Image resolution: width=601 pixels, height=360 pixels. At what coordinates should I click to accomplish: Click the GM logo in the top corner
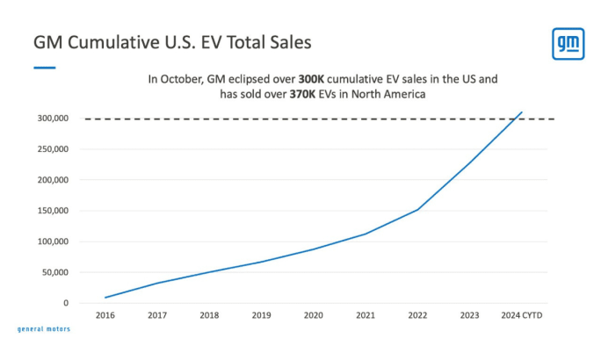(568, 44)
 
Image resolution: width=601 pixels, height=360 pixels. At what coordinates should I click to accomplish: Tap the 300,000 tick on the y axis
(53, 119)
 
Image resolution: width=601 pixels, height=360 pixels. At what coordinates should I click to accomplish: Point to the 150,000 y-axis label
(53, 211)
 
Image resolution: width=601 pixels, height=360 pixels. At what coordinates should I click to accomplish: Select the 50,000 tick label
(55, 272)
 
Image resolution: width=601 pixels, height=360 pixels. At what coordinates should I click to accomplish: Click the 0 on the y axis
(66, 303)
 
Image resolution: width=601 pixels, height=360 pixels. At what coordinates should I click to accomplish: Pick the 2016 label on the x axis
(105, 315)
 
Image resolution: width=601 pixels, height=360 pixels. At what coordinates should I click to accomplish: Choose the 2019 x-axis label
(262, 315)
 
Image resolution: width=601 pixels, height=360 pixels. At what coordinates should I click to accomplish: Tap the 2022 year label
(417, 315)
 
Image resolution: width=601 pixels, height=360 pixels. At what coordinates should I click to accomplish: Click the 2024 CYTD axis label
(522, 315)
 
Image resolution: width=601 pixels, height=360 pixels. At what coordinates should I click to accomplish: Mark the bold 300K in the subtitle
(311, 79)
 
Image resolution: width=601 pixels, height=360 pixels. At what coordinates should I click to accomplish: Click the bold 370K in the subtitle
(302, 94)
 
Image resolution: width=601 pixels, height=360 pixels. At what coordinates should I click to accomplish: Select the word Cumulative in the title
(113, 42)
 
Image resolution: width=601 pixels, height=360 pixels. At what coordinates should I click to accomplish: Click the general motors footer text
(44, 329)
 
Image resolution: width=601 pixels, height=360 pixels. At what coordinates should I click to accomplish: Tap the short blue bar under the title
(45, 68)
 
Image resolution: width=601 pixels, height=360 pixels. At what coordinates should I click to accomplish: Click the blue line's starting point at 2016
(105, 298)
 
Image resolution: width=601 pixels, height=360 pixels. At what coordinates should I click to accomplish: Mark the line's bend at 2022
(417, 210)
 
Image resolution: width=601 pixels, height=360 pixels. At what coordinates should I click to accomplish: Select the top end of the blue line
(522, 112)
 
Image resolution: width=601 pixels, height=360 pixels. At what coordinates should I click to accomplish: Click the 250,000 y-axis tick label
(53, 149)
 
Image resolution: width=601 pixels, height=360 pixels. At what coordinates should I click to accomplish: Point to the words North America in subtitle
(388, 94)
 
